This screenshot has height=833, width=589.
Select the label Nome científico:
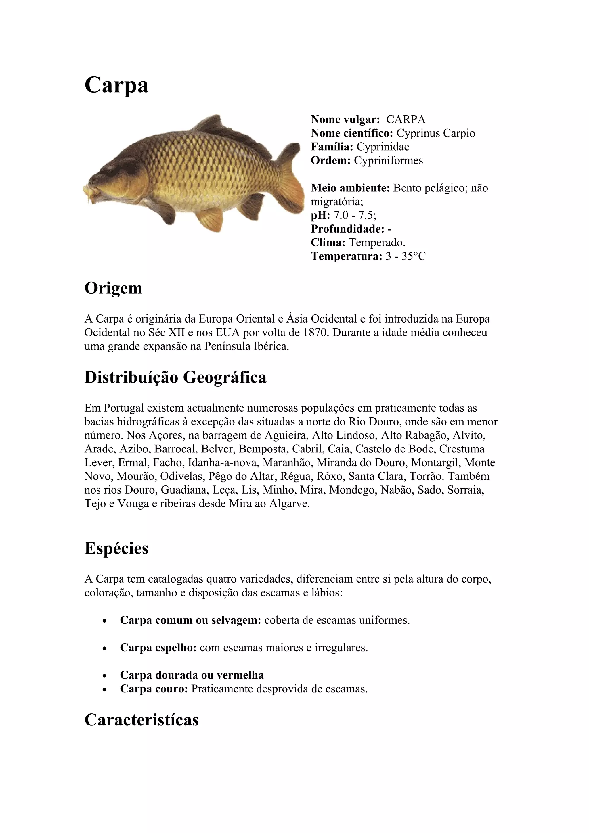point(352,133)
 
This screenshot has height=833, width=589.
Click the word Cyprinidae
point(383,147)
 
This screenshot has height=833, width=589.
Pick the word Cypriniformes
point(388,160)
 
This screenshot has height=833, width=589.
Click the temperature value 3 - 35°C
point(405,256)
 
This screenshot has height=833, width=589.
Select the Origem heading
point(113,288)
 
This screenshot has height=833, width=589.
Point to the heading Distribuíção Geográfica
point(175,377)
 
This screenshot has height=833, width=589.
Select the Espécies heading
point(116,548)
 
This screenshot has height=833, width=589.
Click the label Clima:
point(328,242)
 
